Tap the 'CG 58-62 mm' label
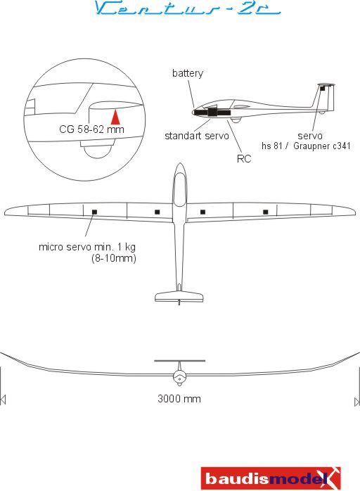coord(91,129)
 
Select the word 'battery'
coord(188,73)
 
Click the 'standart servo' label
coord(197,136)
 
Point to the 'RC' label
coord(244,159)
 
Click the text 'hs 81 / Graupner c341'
coord(306,146)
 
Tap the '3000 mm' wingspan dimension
coord(179,399)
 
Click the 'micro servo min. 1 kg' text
coord(87,247)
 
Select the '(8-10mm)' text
coord(114,259)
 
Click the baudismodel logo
coord(271,478)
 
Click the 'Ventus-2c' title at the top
coord(187,8)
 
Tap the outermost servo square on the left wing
coord(94,212)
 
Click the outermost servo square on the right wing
coord(266,212)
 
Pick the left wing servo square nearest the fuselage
coord(157,212)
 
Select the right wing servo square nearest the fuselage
coord(202,212)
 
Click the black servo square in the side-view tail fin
coord(323,89)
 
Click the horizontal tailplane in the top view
coord(179,296)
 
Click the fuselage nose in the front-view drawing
coord(179,378)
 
